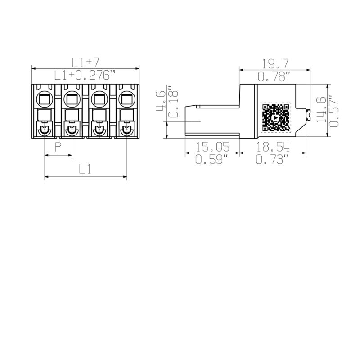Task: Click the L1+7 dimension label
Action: [x=85, y=62]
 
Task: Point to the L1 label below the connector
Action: [x=85, y=169]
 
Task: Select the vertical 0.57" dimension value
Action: [x=334, y=110]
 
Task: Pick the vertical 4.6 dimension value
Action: [x=160, y=100]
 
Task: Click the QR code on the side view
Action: [x=276, y=117]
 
